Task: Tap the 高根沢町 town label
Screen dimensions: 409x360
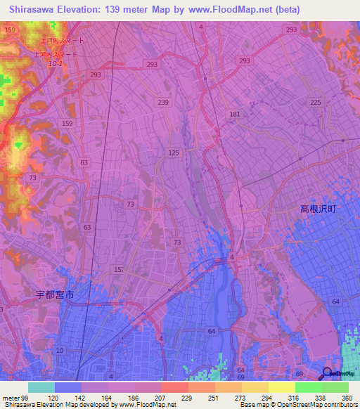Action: click(319, 209)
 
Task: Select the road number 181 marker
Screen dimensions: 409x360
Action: click(235, 114)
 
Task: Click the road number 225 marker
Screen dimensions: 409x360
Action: click(316, 103)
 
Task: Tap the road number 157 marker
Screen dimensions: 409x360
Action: click(118, 270)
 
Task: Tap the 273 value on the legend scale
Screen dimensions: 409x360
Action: click(240, 398)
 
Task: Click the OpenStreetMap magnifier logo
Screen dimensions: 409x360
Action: click(328, 373)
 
